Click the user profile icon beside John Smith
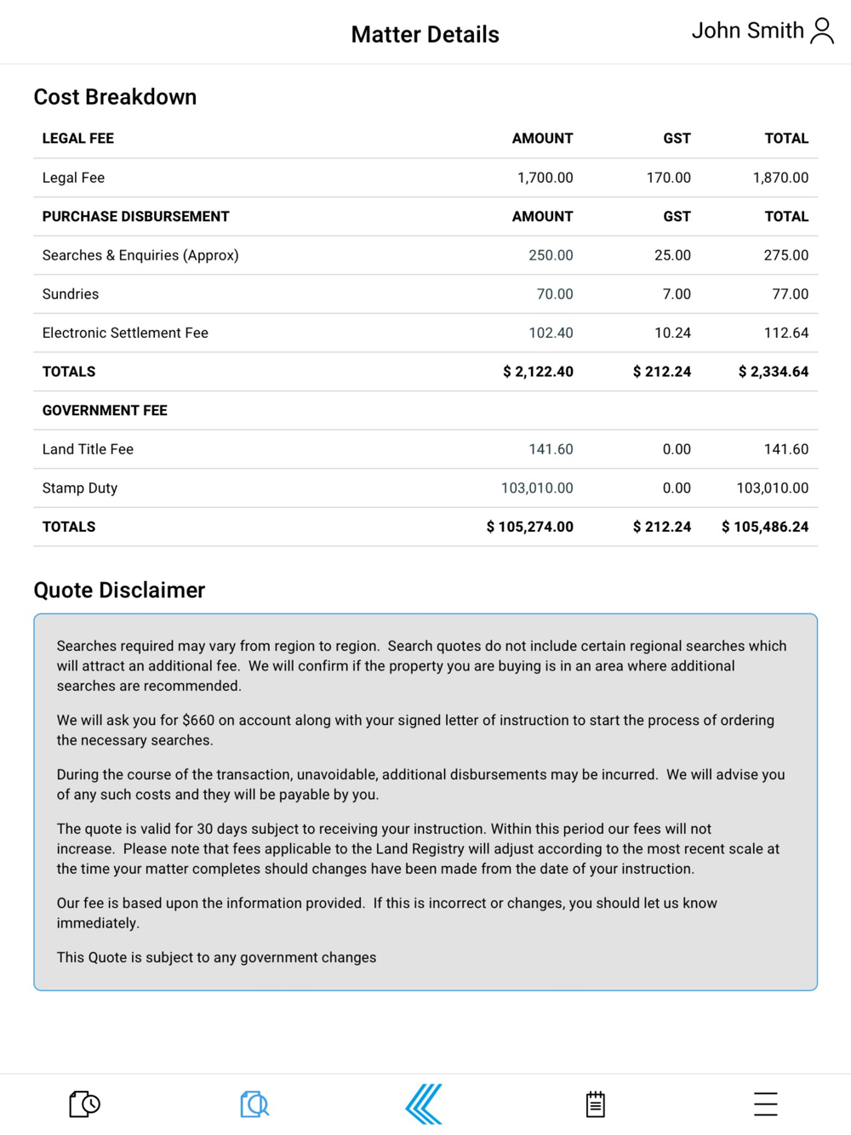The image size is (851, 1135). click(822, 31)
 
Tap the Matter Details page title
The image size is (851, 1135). click(425, 35)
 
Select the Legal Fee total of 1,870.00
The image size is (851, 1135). click(780, 178)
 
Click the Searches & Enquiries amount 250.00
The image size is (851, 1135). click(551, 255)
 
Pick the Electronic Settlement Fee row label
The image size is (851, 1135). click(125, 334)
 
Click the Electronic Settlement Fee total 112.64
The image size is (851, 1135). click(785, 334)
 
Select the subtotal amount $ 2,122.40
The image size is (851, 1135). click(538, 372)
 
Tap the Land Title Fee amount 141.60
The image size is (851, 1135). click(551, 449)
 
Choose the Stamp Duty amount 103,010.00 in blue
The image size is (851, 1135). click(537, 488)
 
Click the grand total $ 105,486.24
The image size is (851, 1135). click(765, 528)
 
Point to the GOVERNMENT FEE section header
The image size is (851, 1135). click(105, 411)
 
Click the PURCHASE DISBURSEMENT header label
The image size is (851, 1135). click(135, 217)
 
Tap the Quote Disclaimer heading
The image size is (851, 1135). click(119, 590)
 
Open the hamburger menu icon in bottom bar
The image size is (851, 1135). click(765, 1104)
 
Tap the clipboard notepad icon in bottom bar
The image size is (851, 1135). click(596, 1104)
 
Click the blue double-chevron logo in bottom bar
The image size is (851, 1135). click(424, 1104)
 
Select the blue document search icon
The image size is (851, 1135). click(254, 1104)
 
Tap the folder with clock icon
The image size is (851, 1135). click(84, 1104)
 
